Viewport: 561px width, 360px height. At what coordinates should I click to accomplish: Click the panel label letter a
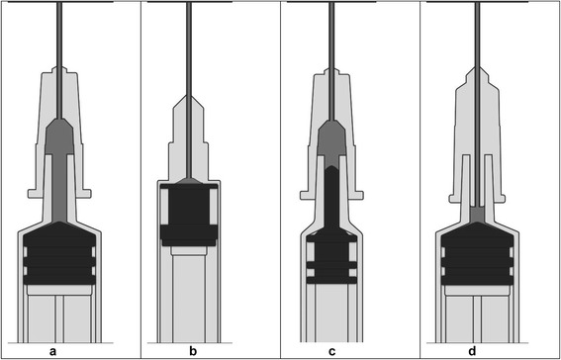click(53, 352)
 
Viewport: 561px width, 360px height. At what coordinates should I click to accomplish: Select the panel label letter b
click(193, 351)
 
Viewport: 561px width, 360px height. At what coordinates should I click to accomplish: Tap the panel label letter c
click(332, 352)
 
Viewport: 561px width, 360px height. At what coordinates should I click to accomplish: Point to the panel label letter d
click(472, 351)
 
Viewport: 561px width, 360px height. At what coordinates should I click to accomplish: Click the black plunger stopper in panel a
click(59, 253)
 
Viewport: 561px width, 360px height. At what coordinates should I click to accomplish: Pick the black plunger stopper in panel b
click(189, 216)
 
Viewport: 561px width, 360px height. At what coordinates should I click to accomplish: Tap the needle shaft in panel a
click(59, 60)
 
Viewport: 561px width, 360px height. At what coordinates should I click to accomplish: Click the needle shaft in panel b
click(189, 90)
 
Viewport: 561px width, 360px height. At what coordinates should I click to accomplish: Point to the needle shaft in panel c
click(331, 61)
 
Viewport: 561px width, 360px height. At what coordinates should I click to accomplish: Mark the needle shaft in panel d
click(477, 105)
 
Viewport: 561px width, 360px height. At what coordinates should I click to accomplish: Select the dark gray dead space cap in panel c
click(331, 144)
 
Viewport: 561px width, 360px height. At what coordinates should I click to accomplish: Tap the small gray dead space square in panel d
click(477, 215)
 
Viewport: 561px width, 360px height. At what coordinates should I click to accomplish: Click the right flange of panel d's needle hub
click(499, 199)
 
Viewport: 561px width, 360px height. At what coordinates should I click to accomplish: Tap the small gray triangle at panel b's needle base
click(189, 181)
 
